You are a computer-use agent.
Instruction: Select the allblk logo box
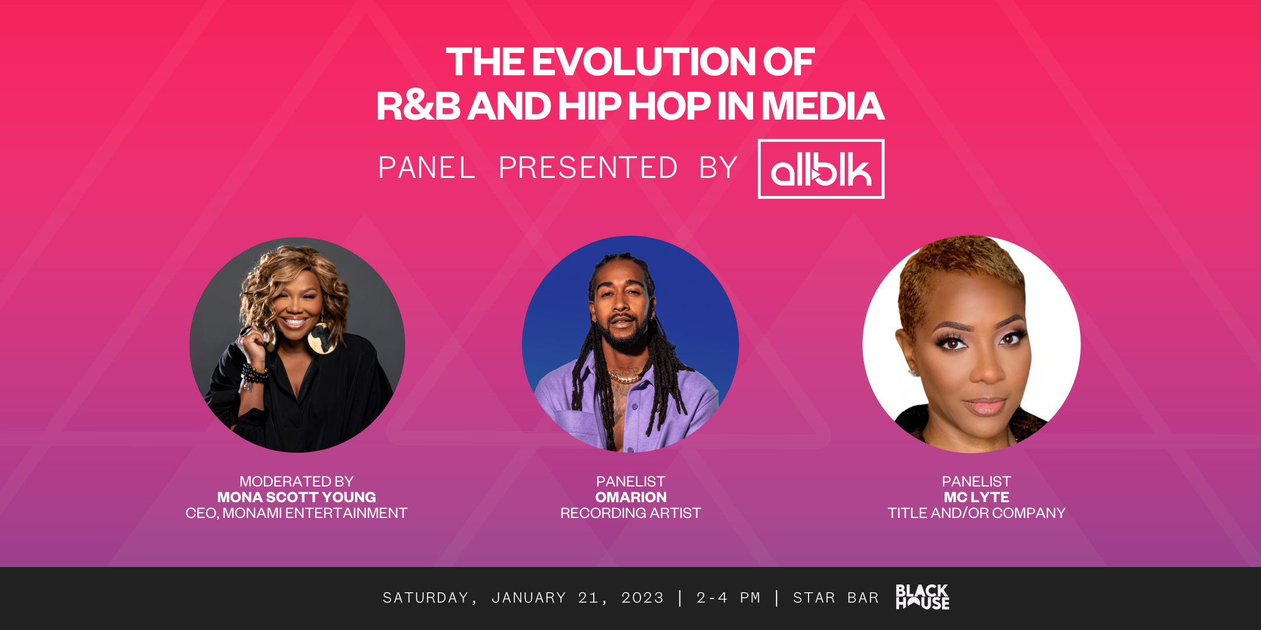click(821, 169)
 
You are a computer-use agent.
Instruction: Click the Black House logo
click(922, 597)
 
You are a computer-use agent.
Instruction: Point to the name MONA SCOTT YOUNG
click(297, 497)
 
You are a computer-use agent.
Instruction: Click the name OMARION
click(630, 497)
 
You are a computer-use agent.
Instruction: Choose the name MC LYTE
click(976, 497)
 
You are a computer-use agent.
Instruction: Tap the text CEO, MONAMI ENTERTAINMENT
click(297, 513)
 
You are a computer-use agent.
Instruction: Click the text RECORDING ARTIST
click(630, 513)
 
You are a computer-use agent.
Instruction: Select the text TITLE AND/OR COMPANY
click(976, 513)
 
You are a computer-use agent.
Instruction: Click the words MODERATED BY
click(297, 481)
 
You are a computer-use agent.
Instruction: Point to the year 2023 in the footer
click(642, 598)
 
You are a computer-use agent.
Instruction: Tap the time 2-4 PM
click(728, 598)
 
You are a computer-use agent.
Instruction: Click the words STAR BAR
click(835, 598)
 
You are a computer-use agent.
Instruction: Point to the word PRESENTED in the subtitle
click(588, 168)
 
